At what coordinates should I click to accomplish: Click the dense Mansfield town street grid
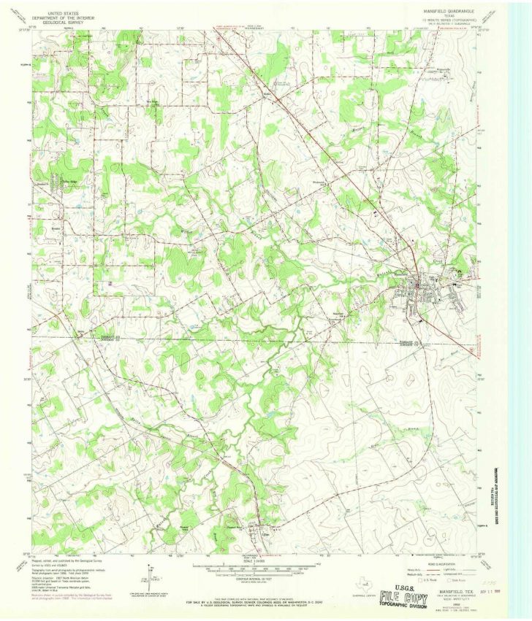422,288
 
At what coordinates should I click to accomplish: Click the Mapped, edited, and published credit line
62,561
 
